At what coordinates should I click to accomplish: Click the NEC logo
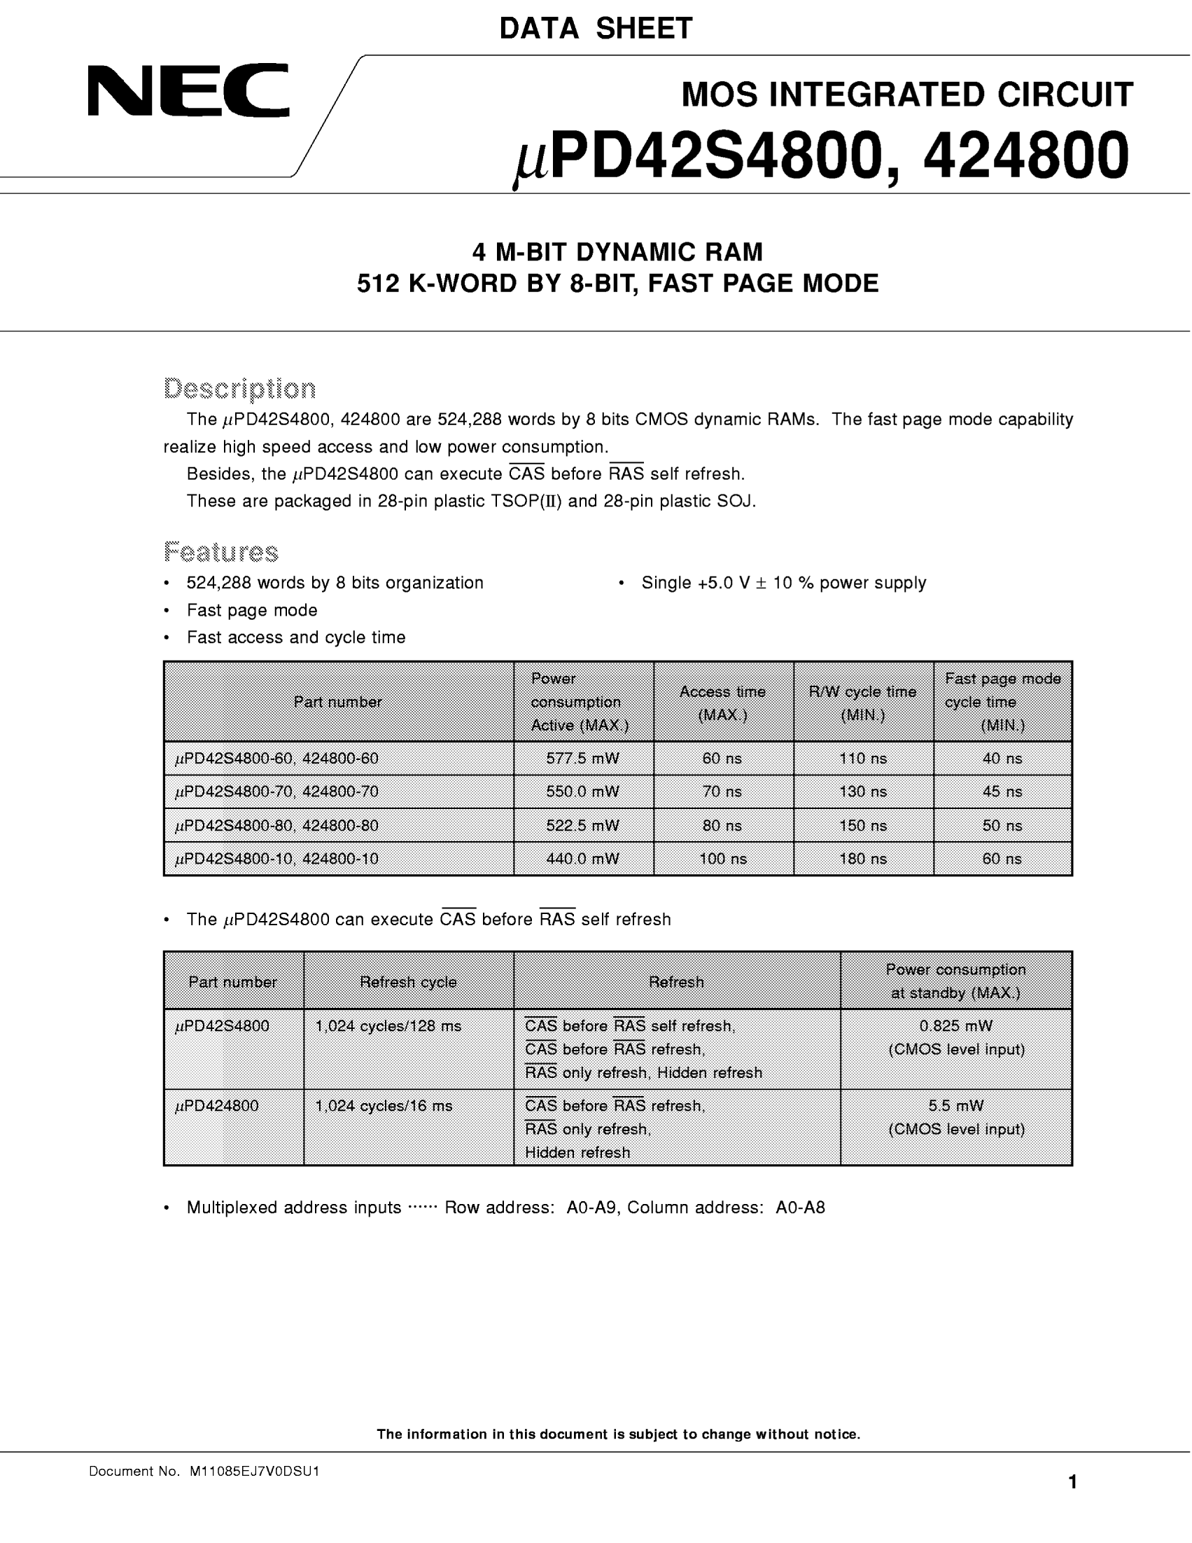(188, 90)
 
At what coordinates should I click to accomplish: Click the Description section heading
(239, 389)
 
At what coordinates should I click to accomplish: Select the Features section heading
(221, 552)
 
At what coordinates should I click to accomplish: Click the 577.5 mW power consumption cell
(582, 759)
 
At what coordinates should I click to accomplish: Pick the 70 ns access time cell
(722, 792)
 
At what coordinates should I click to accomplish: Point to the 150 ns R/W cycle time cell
(862, 826)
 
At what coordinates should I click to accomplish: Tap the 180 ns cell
(862, 859)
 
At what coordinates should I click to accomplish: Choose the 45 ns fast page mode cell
(1002, 792)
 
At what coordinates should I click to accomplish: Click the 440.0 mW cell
(582, 859)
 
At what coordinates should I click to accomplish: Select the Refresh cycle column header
(408, 982)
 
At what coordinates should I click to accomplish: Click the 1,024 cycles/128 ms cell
(388, 1027)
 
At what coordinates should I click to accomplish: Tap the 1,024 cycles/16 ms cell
(384, 1107)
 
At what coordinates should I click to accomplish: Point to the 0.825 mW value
(956, 1026)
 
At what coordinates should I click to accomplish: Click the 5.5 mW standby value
(956, 1106)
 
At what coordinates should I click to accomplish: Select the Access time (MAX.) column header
(722, 703)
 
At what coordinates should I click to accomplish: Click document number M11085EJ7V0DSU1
(254, 1472)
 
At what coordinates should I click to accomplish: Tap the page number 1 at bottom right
(1072, 1482)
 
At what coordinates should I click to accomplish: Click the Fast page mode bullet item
(252, 611)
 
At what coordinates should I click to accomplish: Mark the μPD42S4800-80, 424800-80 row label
(276, 826)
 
